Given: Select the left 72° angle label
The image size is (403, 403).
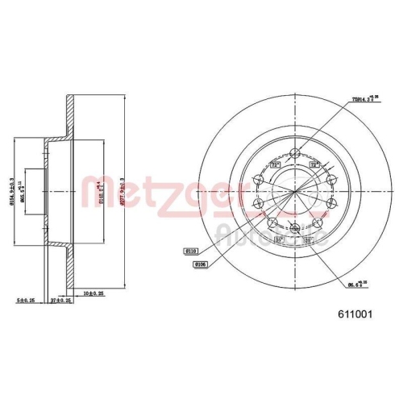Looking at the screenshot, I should [274, 164].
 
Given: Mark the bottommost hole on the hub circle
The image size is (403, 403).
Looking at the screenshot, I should [294, 229].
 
